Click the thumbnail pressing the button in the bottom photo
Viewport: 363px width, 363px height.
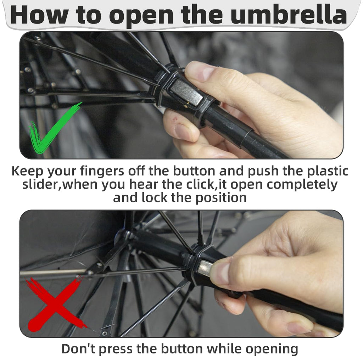tap(220, 272)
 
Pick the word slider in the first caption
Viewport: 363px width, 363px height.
tap(40, 184)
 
